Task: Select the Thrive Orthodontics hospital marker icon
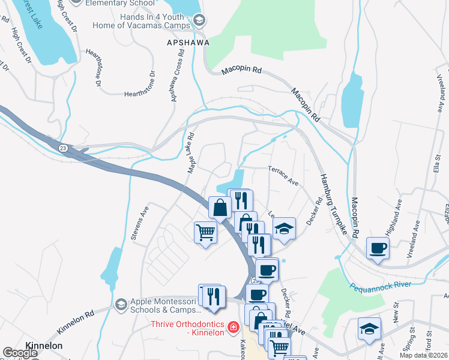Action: [233, 327]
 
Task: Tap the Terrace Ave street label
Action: [283, 175]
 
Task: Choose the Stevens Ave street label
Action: [140, 224]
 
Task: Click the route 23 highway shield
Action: [63, 147]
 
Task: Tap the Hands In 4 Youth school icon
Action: [199, 22]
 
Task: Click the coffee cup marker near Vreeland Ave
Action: [378, 248]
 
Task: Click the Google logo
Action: [20, 353]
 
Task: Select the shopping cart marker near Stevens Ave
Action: [205, 232]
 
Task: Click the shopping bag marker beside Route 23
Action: [220, 208]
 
